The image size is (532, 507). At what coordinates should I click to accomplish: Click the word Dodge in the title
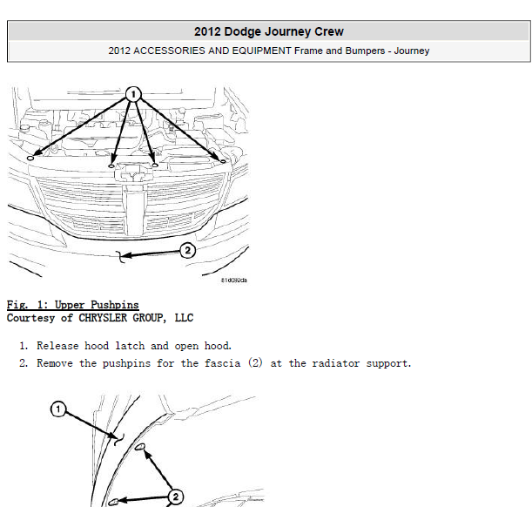coord(242,31)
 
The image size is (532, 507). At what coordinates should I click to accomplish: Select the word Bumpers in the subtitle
coord(365,51)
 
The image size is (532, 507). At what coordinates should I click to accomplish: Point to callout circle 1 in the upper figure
coord(133,94)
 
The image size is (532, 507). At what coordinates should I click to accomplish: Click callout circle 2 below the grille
coord(187,250)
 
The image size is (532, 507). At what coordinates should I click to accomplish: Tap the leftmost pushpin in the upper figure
coord(30,158)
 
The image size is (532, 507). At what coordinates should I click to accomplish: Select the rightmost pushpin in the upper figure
coord(223,161)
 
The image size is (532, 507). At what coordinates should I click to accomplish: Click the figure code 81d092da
coord(233,281)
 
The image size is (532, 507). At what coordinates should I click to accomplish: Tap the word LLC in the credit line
coord(184,318)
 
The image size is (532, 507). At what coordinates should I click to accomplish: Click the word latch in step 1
coord(130,346)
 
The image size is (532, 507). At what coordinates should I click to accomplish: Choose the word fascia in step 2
coord(223,363)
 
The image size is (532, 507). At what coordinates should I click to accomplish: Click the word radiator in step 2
coord(335,363)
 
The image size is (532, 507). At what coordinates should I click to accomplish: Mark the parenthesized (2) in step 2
coord(255,363)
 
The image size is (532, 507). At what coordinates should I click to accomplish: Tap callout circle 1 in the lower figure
coord(58,409)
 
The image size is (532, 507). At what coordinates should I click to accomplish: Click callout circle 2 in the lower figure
coord(175,497)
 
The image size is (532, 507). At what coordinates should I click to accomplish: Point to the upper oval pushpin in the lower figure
coord(140,447)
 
